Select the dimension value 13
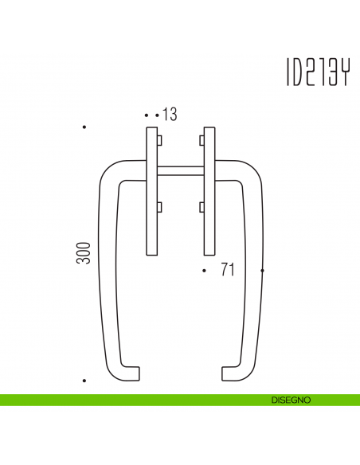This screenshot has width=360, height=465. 169,115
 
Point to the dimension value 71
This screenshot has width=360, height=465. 227,271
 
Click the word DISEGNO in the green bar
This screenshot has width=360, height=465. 290,399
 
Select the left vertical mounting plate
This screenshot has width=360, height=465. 151,191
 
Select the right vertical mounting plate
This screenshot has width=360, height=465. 209,191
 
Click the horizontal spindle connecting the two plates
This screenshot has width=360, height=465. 181,169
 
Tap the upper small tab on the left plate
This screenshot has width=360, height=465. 159,141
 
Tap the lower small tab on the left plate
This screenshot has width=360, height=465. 159,208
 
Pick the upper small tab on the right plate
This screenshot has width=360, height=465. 202,141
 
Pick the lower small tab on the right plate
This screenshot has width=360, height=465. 202,208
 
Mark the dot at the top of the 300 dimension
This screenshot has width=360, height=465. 84,127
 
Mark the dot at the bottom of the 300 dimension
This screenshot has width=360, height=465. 84,381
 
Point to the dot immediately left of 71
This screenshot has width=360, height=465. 205,272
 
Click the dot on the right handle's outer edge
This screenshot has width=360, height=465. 262,272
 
